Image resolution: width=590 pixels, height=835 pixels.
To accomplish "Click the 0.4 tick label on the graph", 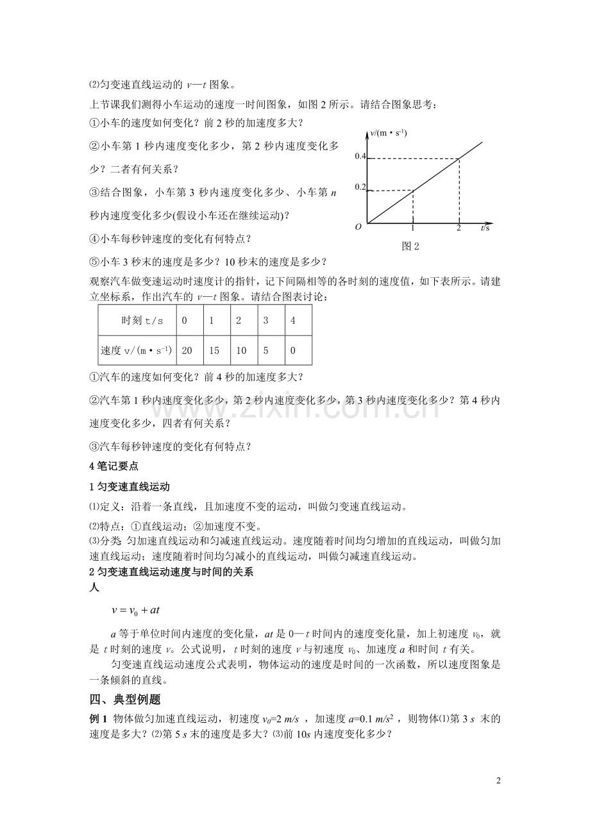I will tap(360, 156).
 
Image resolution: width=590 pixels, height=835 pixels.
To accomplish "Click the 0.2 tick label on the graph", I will tap(360, 187).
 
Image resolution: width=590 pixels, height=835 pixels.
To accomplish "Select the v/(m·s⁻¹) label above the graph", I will tap(389, 133).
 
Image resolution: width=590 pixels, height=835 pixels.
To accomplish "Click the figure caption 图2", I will tap(410, 246).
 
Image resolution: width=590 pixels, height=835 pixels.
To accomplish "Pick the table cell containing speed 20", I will tap(187, 350).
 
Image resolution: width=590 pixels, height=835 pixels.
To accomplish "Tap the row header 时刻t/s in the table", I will tap(138, 320).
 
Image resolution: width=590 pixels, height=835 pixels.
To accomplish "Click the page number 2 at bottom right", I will tap(498, 780).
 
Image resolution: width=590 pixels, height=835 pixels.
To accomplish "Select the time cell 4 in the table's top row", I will tap(292, 320).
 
